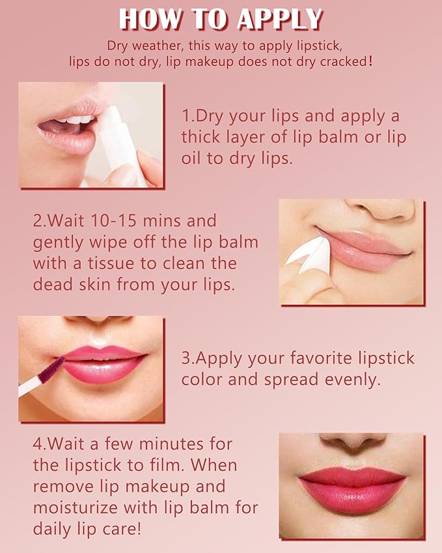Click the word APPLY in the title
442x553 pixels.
(280, 20)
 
